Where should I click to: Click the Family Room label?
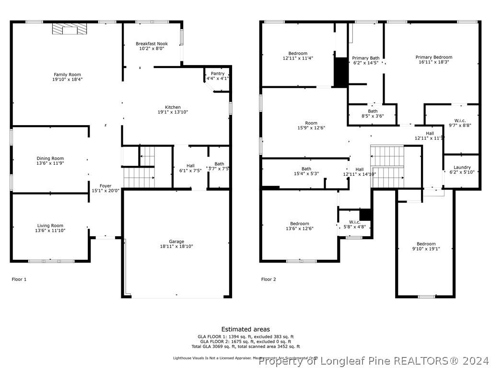[x=67, y=75]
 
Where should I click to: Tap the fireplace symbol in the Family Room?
[x=70, y=30]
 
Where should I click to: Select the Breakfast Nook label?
[x=152, y=44]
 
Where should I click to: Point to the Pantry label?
[x=217, y=74]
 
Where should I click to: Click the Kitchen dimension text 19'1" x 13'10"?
[x=173, y=112]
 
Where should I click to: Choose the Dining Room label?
[x=50, y=159]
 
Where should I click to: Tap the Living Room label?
[x=50, y=226]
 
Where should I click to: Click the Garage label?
[x=176, y=241]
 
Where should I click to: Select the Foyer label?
[x=105, y=186]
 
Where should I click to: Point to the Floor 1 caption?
[x=19, y=279]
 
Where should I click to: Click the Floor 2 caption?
[x=269, y=279]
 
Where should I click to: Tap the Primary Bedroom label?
[x=433, y=57]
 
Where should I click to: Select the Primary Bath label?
[x=366, y=58]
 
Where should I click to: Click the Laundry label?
[x=462, y=167]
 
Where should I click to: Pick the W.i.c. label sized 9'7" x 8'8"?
[x=460, y=120]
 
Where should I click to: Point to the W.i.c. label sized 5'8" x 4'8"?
[x=355, y=222]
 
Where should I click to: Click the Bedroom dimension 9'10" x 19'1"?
[x=426, y=249]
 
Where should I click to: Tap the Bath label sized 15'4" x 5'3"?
[x=306, y=169]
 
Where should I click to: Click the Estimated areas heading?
[x=245, y=329]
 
